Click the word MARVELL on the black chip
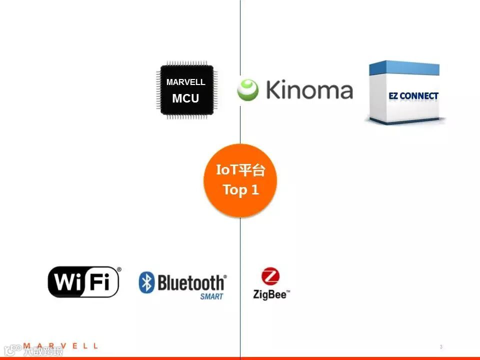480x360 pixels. coord(185,82)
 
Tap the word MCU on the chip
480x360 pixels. coord(185,98)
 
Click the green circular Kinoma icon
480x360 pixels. coord(247,90)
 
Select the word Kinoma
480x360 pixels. coord(309,90)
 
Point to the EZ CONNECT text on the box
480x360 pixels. coord(413,96)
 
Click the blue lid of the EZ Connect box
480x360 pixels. coord(404,68)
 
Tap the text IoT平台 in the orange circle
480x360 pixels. coord(240,170)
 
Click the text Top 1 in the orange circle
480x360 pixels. coord(240,190)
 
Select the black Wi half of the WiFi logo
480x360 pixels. coord(68,282)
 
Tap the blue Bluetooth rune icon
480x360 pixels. coord(146,282)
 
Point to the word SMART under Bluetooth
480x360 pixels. coord(211,296)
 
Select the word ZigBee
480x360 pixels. coord(270,294)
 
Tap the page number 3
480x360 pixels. coord(440,347)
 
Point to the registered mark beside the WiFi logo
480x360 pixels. coord(118,269)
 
